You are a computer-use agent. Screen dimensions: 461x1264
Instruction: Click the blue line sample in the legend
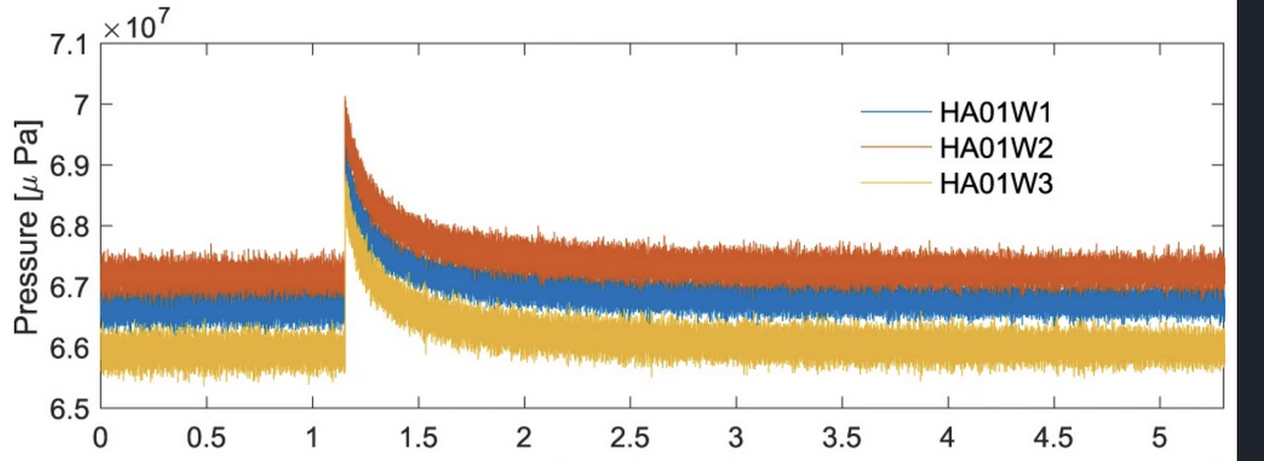pos(895,114)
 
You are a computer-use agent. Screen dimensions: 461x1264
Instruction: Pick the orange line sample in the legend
pos(895,148)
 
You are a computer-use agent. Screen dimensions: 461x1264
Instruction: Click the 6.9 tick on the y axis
pos(66,165)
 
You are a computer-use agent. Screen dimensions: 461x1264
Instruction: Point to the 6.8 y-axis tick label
pos(66,226)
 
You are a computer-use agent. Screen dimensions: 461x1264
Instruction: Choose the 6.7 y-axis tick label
pos(66,287)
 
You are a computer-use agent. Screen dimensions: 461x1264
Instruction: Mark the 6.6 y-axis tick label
pos(66,347)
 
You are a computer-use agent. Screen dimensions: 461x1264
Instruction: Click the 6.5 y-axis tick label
pos(66,409)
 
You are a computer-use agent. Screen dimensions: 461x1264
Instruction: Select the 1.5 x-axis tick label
pos(418,434)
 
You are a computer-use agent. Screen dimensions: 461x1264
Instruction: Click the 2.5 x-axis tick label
pos(629,434)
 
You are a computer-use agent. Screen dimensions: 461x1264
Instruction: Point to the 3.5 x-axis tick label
pos(840,434)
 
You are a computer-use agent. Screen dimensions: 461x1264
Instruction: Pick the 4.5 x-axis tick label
pos(1053,434)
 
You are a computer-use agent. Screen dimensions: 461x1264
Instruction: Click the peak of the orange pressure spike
pos(345,98)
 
